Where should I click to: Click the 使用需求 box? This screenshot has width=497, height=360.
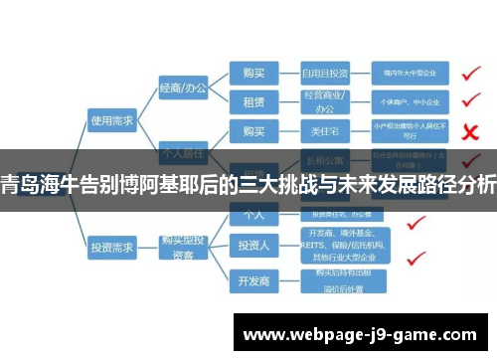[x=111, y=120]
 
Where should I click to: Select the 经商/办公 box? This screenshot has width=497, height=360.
[x=183, y=89]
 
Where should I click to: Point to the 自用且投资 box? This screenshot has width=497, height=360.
[x=325, y=73]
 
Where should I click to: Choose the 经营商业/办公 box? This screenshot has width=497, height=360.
[x=325, y=101]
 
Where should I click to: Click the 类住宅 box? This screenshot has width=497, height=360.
[x=325, y=131]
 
